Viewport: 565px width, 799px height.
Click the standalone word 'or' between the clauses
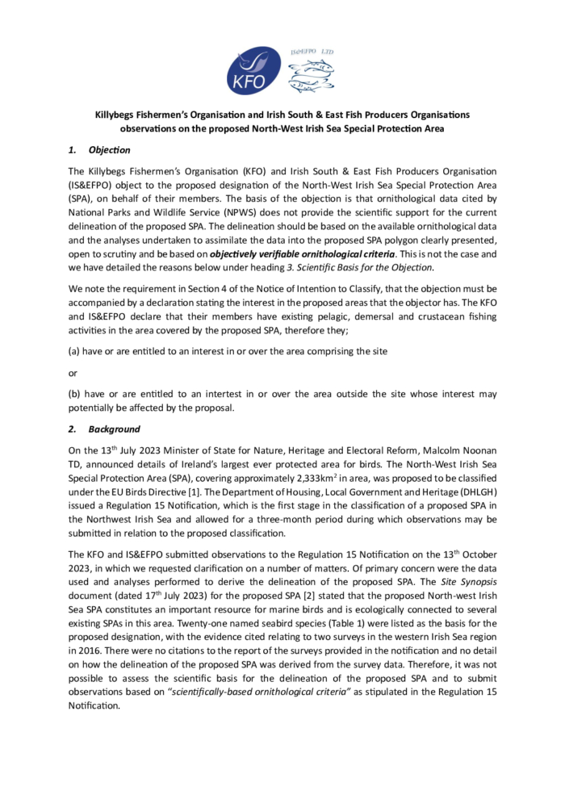click(73, 373)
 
